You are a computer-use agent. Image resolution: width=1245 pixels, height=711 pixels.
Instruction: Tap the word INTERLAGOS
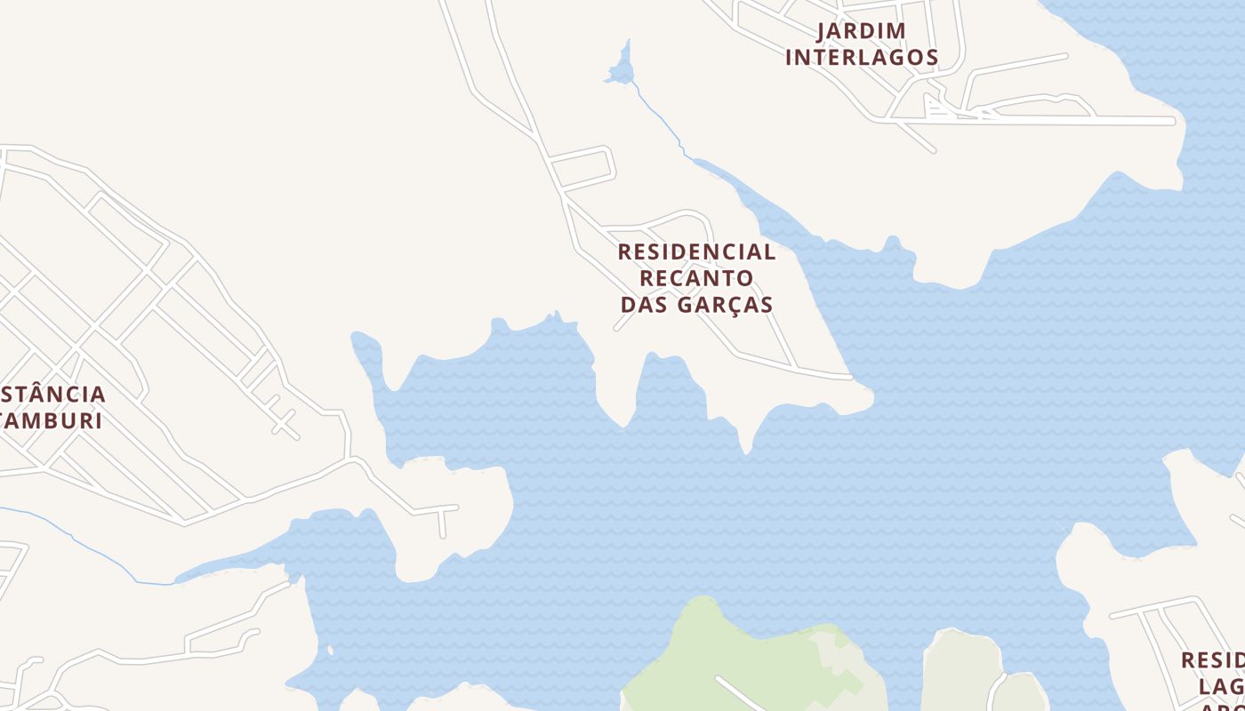pos(861,58)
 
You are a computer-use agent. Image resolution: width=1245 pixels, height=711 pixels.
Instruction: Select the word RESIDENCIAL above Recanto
pos(696,252)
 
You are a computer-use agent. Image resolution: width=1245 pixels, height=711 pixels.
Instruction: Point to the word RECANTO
pos(696,278)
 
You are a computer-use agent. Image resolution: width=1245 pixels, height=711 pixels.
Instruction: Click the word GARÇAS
pos(725,305)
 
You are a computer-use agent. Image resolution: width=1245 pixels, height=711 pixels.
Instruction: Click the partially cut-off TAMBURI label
pos(52,420)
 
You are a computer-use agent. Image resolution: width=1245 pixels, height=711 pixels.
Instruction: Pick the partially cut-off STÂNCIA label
pos(53,394)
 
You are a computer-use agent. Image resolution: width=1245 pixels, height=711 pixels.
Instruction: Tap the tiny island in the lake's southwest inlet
pos(330,651)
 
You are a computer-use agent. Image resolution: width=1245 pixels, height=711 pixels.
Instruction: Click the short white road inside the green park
pos(738,693)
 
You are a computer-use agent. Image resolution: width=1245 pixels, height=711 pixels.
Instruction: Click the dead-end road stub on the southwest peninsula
pos(442,523)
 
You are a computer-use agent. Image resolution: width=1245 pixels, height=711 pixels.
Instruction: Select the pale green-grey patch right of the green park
pos(960,667)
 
